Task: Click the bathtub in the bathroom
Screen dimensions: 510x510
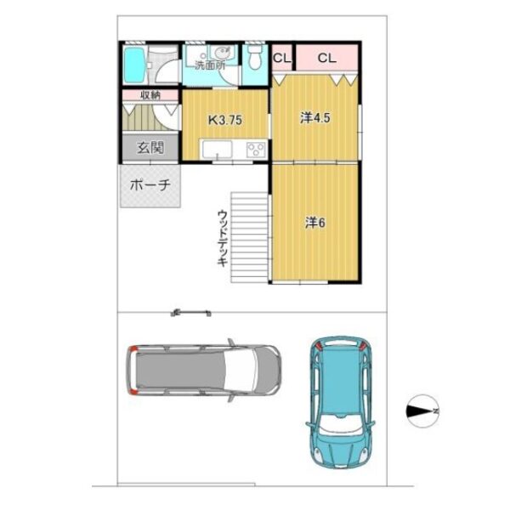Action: point(135,65)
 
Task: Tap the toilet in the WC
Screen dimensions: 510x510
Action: point(255,57)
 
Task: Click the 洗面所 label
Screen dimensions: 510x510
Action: point(210,65)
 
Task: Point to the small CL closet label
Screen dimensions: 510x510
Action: point(281,59)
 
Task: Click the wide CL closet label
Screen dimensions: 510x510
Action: point(327,58)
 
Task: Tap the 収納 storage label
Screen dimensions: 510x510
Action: point(150,95)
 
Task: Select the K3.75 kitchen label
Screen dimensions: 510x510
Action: point(224,121)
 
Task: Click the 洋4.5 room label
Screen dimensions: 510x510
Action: point(314,118)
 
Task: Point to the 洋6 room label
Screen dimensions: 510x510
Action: point(314,223)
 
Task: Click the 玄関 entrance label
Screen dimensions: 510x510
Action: point(150,148)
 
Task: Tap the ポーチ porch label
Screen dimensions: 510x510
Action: point(150,185)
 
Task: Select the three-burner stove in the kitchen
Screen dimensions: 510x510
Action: point(256,150)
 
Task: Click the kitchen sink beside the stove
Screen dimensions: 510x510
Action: point(218,150)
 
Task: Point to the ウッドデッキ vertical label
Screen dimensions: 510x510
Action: point(223,238)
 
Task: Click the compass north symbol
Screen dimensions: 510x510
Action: point(422,411)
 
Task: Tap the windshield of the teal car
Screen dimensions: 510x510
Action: point(340,426)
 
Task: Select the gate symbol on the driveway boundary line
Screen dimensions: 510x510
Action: point(191,313)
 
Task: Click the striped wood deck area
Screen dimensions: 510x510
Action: point(249,237)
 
